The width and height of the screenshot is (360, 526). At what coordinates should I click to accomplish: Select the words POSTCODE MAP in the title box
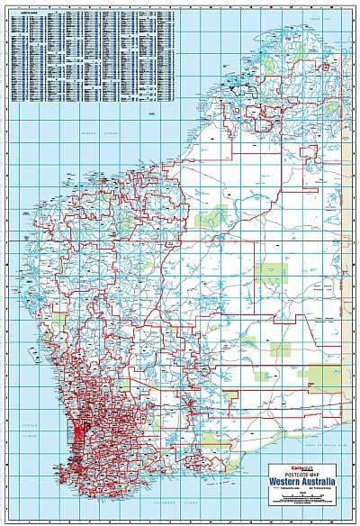point(307,467)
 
